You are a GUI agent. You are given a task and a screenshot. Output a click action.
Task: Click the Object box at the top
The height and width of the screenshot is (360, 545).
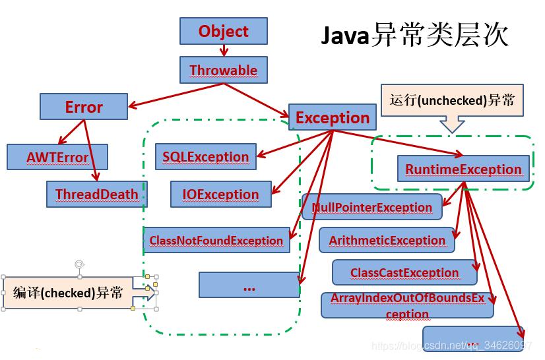tap(223, 31)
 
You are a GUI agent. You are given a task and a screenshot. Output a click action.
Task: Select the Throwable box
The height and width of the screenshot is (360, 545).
tap(223, 70)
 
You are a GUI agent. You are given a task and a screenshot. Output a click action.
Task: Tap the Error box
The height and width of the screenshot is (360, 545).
tap(84, 107)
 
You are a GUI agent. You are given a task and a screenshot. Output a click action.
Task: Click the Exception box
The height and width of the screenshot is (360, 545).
tap(333, 118)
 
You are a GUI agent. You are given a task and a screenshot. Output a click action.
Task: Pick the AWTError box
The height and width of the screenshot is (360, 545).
tap(57, 158)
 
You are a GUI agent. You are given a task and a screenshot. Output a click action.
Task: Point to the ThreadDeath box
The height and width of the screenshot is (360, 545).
tap(96, 195)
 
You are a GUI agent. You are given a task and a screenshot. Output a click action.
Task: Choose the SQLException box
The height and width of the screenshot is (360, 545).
tap(206, 157)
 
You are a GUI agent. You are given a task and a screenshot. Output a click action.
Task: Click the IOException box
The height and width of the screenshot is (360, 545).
tap(220, 195)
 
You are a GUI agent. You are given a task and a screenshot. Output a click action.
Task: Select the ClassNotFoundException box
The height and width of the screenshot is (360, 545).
tap(216, 241)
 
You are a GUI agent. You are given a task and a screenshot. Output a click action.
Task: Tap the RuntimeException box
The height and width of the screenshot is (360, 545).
tap(463, 169)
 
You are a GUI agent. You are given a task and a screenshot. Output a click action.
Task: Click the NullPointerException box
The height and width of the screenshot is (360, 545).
tap(372, 207)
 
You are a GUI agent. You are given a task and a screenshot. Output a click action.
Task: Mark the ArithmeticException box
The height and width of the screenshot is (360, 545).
tap(387, 241)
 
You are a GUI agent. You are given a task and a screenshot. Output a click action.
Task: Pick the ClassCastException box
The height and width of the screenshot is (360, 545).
tap(404, 272)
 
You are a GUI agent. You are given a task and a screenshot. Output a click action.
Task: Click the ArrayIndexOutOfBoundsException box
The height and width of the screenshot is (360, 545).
tap(407, 306)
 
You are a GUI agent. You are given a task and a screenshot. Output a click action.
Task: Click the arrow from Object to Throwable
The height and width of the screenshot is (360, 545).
tap(224, 51)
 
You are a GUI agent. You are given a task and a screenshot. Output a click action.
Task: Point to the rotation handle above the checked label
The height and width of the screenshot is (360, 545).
tap(79, 265)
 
